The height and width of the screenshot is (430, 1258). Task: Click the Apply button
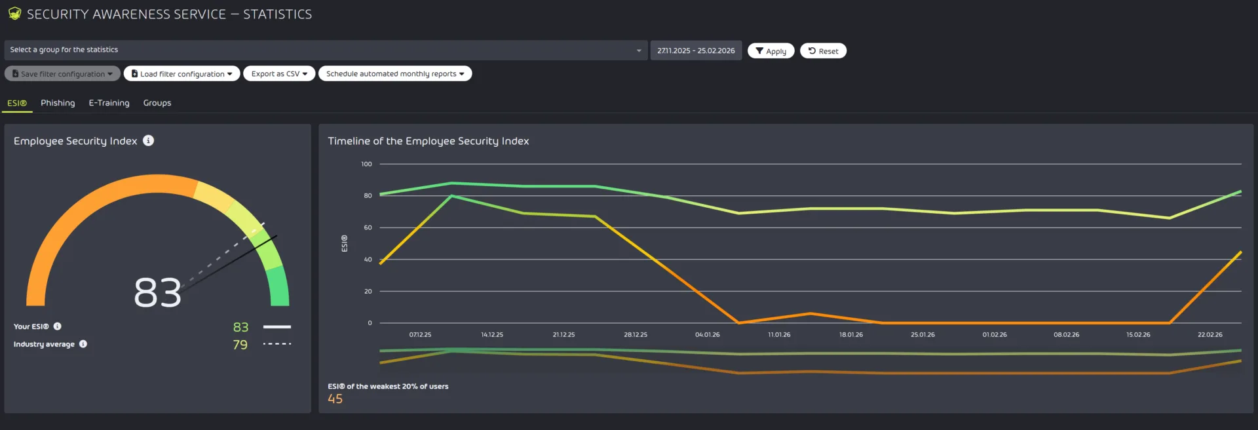coord(771,51)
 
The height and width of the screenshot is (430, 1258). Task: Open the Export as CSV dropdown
coord(279,74)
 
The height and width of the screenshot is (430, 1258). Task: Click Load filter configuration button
coord(181,74)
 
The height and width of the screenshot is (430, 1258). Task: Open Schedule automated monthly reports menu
coord(394,74)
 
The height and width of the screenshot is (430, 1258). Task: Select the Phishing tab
coord(58,103)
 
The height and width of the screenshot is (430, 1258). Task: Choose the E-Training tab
coord(109,103)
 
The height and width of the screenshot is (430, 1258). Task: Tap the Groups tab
coord(157,103)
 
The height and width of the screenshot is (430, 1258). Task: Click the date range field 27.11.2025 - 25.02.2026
coord(696,50)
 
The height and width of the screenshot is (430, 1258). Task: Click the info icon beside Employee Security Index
coord(149,140)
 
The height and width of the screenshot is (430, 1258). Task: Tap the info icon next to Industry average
coord(83,344)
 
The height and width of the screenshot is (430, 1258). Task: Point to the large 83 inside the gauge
coord(157,292)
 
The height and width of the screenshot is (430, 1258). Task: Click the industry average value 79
coord(240,345)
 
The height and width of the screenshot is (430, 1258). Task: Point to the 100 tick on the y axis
coord(366,164)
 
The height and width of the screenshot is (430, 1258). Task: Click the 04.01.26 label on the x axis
coord(707,335)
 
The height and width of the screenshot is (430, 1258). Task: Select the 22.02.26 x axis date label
coord(1210,335)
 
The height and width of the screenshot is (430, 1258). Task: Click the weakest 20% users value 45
coord(335,399)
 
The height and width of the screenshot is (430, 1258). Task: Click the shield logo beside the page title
coord(14,14)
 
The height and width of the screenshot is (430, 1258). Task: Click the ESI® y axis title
coord(345,243)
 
